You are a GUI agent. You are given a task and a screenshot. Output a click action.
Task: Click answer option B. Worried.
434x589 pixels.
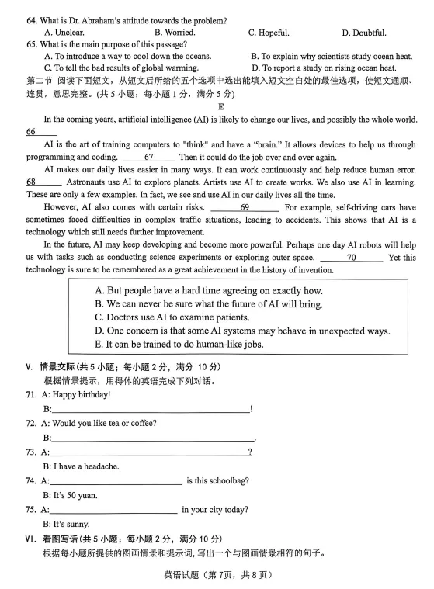(175, 33)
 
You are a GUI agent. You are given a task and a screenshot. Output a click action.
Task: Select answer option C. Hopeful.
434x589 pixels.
(269, 33)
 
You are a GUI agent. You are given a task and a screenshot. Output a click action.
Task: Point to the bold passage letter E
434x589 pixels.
(220, 106)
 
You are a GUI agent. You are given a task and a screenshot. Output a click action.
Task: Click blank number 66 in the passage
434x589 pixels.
(32, 132)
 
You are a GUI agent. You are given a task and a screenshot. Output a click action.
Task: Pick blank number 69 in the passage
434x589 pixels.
(244, 207)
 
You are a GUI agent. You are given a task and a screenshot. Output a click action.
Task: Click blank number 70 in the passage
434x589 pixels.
(351, 257)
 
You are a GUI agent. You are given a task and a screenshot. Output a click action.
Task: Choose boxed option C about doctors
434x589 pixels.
(172, 317)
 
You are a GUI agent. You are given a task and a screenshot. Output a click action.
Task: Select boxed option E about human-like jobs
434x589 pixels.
(179, 344)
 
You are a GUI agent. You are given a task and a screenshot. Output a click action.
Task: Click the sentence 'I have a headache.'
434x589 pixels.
(85, 466)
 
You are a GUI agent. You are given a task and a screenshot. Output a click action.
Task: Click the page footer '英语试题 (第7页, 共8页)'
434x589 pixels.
(217, 575)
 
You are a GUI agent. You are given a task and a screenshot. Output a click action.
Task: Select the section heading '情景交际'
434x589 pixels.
(58, 366)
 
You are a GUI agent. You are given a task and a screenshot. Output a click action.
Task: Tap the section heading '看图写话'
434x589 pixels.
(60, 539)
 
